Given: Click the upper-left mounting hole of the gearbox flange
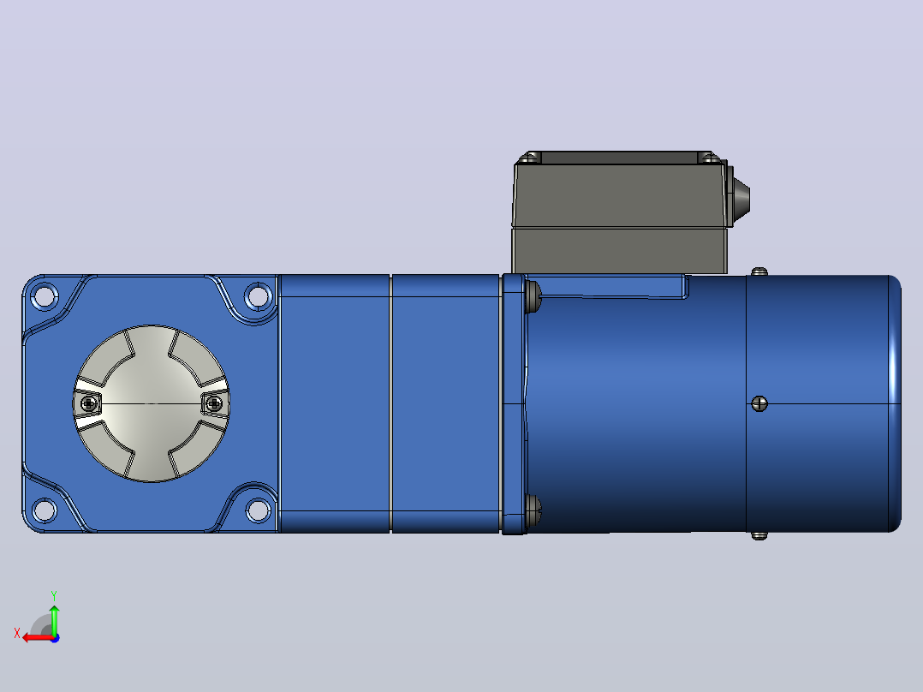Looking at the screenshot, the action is pyautogui.click(x=45, y=295).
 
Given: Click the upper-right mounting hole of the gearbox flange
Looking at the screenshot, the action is pyautogui.click(x=257, y=295).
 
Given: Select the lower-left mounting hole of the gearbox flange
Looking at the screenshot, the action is pyautogui.click(x=45, y=510).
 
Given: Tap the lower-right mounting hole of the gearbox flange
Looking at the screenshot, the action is pyautogui.click(x=257, y=510).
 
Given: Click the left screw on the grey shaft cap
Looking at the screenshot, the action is pyautogui.click(x=89, y=404).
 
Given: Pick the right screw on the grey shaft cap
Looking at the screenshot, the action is pyautogui.click(x=214, y=404).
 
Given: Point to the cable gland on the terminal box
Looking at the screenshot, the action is pyautogui.click(x=740, y=197).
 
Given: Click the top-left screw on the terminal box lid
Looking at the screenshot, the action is pyautogui.click(x=531, y=158).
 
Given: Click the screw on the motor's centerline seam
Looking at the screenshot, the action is pyautogui.click(x=759, y=404).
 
